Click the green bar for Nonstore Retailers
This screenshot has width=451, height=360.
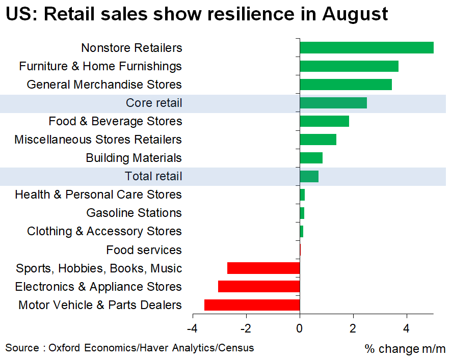point(366,48)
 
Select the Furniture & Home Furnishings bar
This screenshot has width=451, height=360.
point(349,66)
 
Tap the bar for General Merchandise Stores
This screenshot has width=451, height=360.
point(346,85)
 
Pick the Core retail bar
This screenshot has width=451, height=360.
point(333,103)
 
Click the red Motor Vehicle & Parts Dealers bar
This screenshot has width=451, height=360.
point(252,305)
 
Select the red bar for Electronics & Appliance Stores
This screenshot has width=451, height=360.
point(259,287)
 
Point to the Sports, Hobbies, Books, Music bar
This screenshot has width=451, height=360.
point(263,268)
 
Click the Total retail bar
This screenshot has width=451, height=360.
point(309,177)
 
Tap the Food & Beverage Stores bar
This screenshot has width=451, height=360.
point(325,121)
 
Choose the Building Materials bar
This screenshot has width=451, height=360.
point(311,158)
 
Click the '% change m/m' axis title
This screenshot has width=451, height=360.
point(405,349)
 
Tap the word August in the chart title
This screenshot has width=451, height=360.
point(355,14)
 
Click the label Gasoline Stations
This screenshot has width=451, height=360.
point(134,213)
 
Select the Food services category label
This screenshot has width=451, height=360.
point(144,250)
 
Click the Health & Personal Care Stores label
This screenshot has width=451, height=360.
point(98,195)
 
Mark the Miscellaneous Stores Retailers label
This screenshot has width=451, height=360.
point(98,140)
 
